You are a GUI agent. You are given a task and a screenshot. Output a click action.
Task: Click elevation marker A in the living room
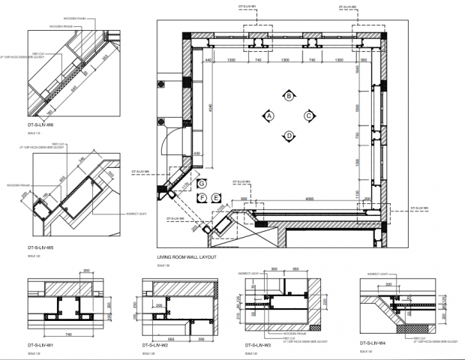click(x=268, y=115)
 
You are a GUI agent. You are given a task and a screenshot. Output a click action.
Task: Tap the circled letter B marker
click(x=289, y=95)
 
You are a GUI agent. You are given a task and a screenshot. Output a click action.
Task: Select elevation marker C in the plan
click(x=308, y=115)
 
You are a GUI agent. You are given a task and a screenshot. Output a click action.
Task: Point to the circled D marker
click(x=289, y=136)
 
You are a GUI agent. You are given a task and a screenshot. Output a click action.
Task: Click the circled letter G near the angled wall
click(x=200, y=183)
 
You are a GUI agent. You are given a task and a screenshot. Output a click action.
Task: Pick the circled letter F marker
click(x=202, y=197)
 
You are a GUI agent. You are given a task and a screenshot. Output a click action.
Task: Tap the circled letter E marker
click(x=216, y=197)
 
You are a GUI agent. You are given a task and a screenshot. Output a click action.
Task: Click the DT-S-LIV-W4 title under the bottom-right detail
click(x=372, y=343)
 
